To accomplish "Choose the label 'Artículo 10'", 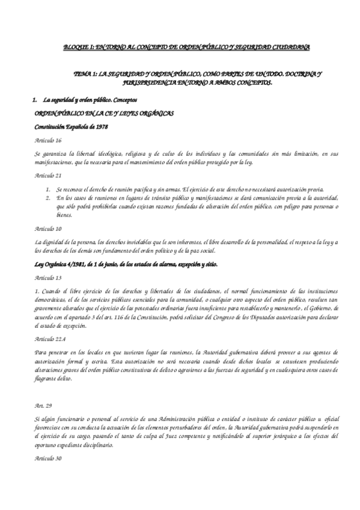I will click(x=48, y=229).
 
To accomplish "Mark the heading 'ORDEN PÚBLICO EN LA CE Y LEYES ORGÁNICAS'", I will click(x=96, y=112).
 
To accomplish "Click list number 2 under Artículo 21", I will click(x=47, y=197).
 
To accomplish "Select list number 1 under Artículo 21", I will click(x=47, y=189).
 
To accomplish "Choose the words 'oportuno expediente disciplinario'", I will click(x=84, y=444).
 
